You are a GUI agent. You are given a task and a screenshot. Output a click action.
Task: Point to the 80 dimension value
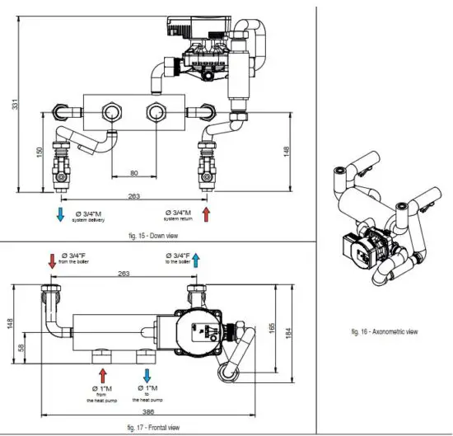coord(133,173)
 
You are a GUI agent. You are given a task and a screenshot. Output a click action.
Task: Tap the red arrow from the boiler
coord(51,261)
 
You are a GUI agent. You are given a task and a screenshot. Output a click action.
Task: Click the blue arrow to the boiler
coord(196,261)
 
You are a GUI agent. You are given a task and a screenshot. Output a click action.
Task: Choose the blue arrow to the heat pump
coord(147,374)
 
